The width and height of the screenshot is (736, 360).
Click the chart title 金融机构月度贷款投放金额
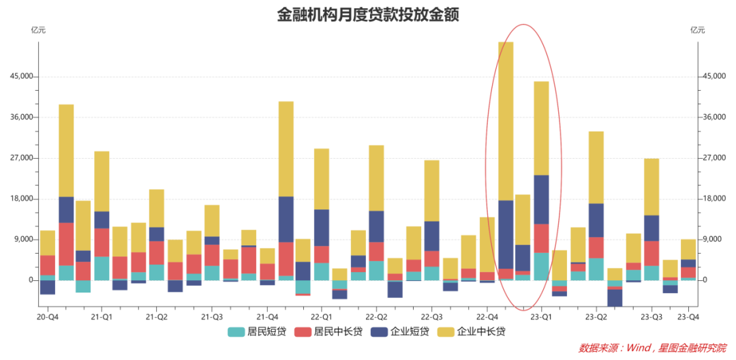pyautogui.click(x=367, y=15)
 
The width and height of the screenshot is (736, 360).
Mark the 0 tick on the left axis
pyautogui.click(x=29, y=280)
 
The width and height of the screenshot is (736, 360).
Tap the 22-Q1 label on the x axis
pyautogui.click(x=322, y=317)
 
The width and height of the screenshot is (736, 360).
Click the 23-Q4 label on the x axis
pyautogui.click(x=688, y=317)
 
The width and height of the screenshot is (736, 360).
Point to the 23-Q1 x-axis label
pyautogui.click(x=542, y=317)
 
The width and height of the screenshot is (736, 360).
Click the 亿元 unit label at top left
pyautogui.click(x=39, y=30)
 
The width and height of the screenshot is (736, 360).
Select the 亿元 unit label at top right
pyautogui.click(x=697, y=30)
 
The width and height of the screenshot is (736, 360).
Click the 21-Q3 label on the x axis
pyautogui.click(x=212, y=317)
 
